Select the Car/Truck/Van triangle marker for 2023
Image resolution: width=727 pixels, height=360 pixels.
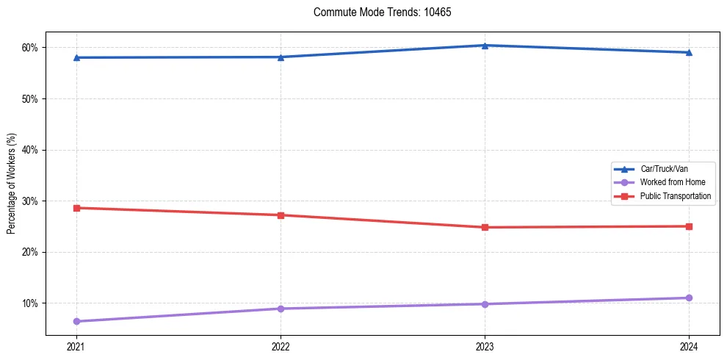coord(485,46)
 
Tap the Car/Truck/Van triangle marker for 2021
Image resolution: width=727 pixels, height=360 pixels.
coord(76,57)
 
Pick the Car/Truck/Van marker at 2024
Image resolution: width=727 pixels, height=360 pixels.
coord(689,52)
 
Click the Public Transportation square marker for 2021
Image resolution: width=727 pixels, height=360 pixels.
coord(76,208)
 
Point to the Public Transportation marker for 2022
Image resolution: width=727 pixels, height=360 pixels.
coord(281,215)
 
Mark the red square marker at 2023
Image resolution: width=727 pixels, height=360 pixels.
coord(485,227)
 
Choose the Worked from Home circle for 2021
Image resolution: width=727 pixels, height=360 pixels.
coord(76,321)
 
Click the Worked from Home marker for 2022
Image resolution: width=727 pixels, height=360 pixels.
coord(281,309)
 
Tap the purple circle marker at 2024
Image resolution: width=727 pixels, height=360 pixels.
coord(689,298)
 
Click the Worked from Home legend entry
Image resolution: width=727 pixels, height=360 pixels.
coord(668,182)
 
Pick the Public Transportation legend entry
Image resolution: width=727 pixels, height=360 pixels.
coord(675,196)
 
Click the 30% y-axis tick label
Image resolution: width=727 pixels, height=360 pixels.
coord(30,201)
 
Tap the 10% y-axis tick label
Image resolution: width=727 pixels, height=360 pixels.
coord(30,303)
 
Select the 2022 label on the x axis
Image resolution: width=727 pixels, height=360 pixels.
coord(281,345)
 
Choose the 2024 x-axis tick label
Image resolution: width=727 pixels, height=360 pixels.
coord(689,345)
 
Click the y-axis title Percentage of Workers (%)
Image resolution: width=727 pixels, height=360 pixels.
coord(12,184)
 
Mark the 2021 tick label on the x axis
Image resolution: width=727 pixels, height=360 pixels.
coord(76,345)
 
